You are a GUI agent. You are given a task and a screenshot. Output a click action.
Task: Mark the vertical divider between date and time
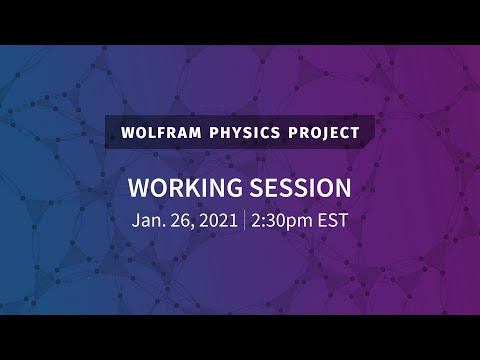[x=244, y=221]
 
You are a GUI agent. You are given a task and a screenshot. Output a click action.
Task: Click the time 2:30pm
[x=281, y=221]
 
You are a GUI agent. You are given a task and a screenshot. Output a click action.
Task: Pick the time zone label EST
[x=331, y=221]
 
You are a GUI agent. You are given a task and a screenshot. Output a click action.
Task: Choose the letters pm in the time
[x=298, y=222]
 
